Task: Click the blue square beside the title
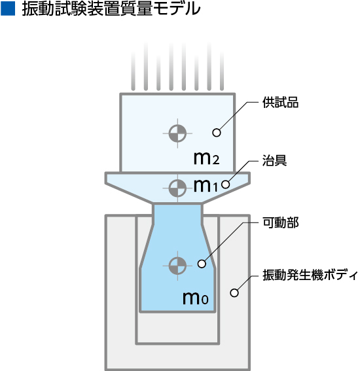(x=8, y=9)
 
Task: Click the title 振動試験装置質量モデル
(x=111, y=9)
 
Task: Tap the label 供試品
(x=281, y=103)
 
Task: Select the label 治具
(x=274, y=160)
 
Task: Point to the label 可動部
(x=281, y=222)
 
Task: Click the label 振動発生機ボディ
(x=310, y=275)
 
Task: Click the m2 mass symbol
(x=206, y=158)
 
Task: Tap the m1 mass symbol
(x=206, y=186)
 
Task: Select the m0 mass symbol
(x=196, y=298)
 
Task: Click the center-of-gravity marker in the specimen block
(x=177, y=133)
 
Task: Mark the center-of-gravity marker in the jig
(x=177, y=188)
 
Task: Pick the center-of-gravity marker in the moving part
(x=177, y=266)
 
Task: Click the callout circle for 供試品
(x=217, y=132)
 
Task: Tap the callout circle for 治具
(x=226, y=185)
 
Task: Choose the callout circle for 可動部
(x=202, y=264)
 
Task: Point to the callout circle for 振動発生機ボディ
(x=234, y=293)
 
